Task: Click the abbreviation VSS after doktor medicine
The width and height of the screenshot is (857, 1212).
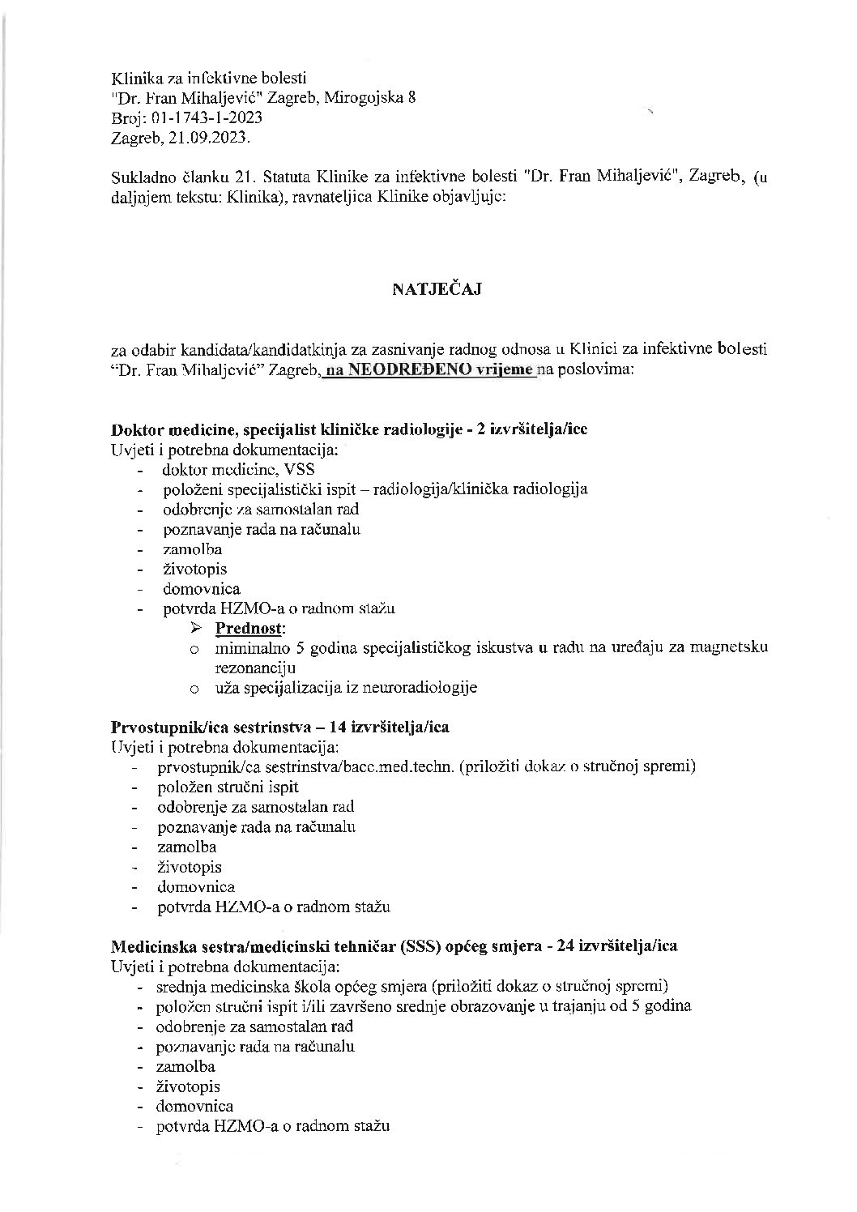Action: tap(301, 469)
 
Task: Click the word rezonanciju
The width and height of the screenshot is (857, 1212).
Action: tap(255, 668)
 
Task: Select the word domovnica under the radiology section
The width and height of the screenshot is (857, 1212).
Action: tap(202, 589)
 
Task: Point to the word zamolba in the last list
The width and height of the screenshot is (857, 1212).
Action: tap(186, 1066)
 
